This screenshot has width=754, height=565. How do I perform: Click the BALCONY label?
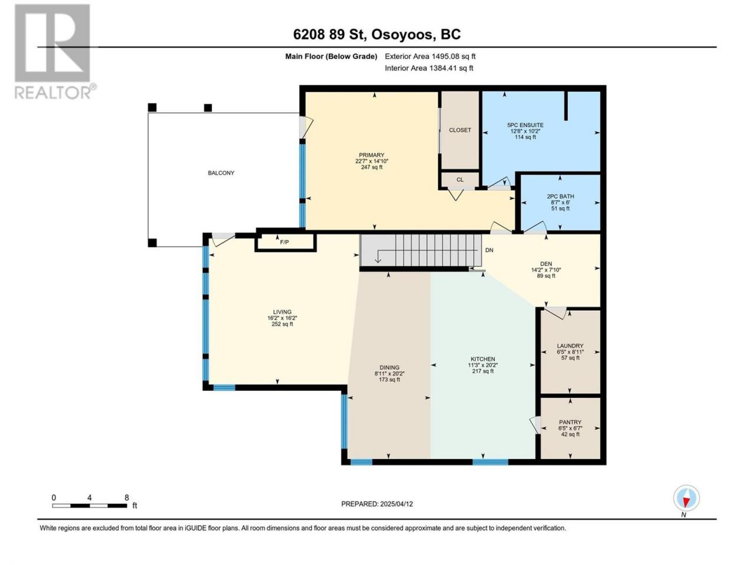[x=221, y=173]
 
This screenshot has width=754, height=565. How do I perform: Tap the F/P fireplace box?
[x=285, y=242]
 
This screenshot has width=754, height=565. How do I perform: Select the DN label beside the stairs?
[x=489, y=250]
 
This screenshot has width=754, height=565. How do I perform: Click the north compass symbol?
[x=686, y=498]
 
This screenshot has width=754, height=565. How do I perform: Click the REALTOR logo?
[x=55, y=52]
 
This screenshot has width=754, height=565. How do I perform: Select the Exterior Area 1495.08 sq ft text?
[x=430, y=56]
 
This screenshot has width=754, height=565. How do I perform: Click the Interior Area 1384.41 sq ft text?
[x=429, y=68]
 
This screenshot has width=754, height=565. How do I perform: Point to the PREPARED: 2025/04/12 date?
[x=377, y=504]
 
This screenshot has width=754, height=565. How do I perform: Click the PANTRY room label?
[x=570, y=423]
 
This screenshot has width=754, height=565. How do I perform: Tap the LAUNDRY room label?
[x=570, y=346]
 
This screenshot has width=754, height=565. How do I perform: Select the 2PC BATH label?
[x=560, y=197]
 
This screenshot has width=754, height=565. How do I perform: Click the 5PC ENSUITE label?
[x=525, y=125]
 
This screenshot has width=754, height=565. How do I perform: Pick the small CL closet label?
[x=460, y=180]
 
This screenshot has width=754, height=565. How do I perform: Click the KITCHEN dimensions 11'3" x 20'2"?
[x=483, y=365]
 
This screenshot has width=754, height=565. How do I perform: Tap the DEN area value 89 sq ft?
[x=546, y=276]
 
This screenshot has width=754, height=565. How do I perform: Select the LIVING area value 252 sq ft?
[x=282, y=324]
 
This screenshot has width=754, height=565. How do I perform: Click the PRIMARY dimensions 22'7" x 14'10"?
[x=372, y=161]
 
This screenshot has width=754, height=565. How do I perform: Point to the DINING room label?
[x=389, y=368]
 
